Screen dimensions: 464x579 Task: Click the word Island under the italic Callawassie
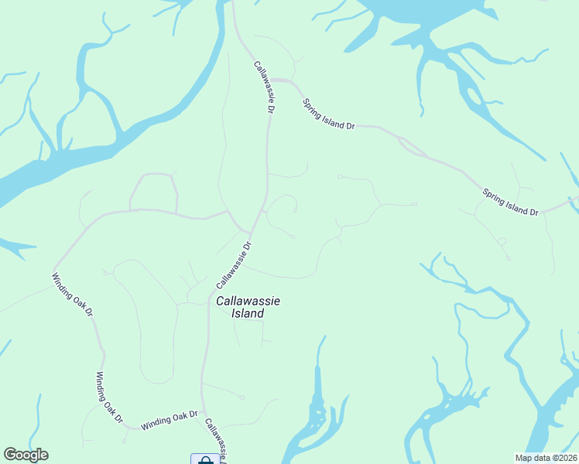(x=248, y=314)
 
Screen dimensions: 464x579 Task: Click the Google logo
(x=26, y=455)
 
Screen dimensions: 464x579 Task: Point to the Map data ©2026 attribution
(x=546, y=458)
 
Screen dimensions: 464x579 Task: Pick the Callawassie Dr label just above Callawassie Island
(x=235, y=266)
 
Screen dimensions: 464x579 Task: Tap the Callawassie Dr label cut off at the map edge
(x=217, y=441)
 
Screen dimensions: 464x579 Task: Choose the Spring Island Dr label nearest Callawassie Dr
(x=328, y=114)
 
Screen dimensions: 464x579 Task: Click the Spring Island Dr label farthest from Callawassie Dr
(x=510, y=202)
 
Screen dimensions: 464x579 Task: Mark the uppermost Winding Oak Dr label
(x=73, y=295)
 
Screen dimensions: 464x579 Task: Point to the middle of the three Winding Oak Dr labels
(x=109, y=397)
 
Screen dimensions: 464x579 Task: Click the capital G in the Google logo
(x=10, y=455)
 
